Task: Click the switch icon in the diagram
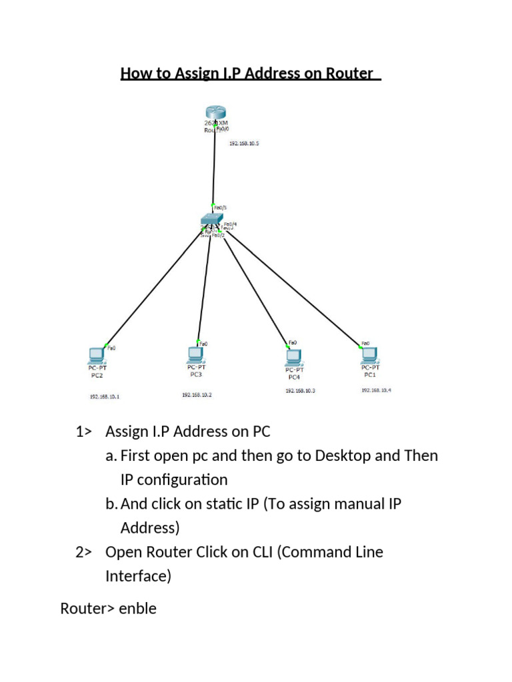[212, 220]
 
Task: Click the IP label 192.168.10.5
[244, 143]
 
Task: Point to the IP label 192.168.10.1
[104, 396]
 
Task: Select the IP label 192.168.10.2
[197, 395]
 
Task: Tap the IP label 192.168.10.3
[300, 391]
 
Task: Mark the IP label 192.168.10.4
[376, 390]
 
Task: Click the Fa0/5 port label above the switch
[219, 207]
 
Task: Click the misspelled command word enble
[137, 608]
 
